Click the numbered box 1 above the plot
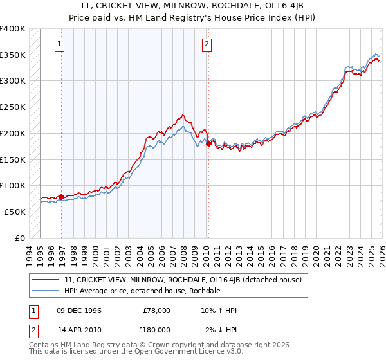pos(60,44)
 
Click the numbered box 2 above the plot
pos(207,44)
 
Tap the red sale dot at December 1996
pos(62,197)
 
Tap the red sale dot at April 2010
pos(208,143)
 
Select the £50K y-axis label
pos(15,212)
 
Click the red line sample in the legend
pos(46,280)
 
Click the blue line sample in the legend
pos(46,291)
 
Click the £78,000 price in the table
pos(157,310)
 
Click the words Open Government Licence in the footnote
pos(187,352)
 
